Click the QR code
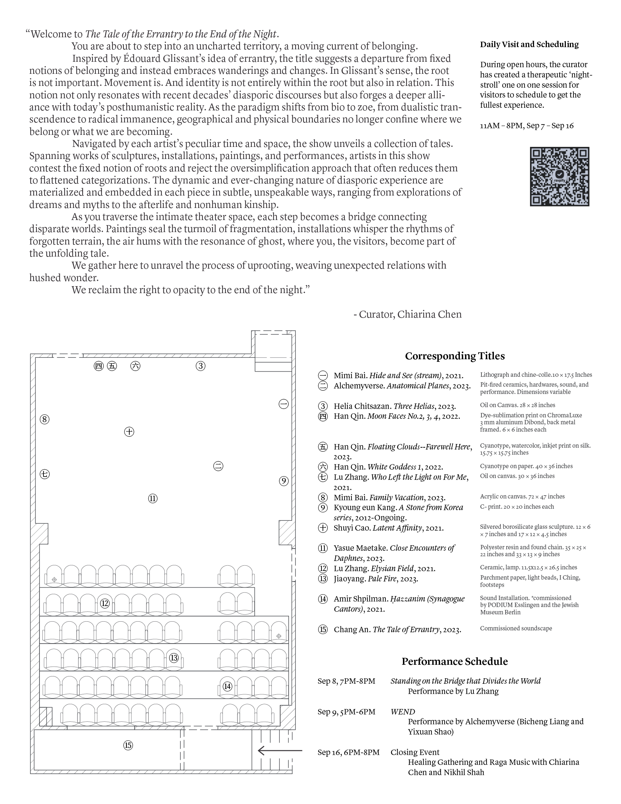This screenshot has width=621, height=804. click(x=559, y=177)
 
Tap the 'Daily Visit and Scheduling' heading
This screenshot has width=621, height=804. click(x=529, y=45)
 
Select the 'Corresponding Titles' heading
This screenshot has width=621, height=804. click(x=455, y=356)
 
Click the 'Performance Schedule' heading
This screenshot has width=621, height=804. click(x=454, y=661)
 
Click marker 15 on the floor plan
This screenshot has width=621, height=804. click(x=127, y=746)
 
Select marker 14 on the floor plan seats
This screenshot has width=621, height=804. click(x=227, y=686)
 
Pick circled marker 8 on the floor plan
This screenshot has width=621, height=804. click(x=45, y=419)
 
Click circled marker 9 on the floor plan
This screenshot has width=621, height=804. click(x=283, y=481)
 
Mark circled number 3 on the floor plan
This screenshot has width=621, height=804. click(x=200, y=366)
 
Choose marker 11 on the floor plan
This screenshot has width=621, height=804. click(x=153, y=498)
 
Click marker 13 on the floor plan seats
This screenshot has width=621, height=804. click(x=174, y=657)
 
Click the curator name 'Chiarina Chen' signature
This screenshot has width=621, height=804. click(x=429, y=314)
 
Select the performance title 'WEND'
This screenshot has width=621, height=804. click(x=403, y=712)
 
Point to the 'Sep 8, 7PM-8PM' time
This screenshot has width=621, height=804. click(x=346, y=681)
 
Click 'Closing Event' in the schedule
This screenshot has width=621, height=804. click(x=415, y=752)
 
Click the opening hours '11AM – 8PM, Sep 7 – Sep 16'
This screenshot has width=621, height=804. click(x=526, y=125)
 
